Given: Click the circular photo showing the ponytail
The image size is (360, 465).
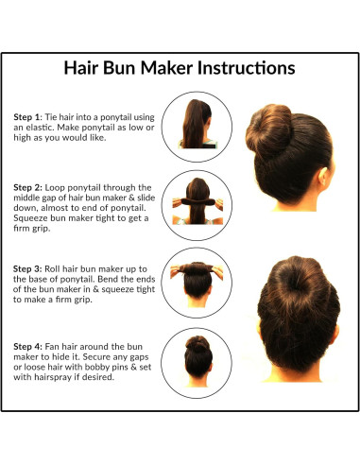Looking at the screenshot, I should pos(198,126).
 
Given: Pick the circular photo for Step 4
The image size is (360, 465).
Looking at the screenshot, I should pos(198,360).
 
